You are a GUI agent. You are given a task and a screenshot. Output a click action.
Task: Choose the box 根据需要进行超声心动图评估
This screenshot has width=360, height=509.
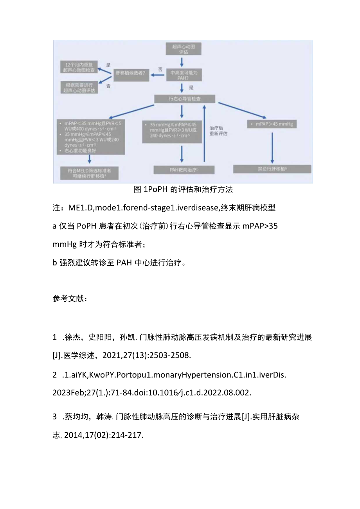(79, 87)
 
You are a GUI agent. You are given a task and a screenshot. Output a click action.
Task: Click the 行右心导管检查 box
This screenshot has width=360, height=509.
(185, 99)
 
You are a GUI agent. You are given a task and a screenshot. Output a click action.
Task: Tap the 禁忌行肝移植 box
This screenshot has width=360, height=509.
(272, 169)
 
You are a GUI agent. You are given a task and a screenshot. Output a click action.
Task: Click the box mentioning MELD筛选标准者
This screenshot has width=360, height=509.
(90, 173)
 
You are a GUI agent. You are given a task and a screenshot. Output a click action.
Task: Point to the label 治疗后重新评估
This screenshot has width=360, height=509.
(218, 131)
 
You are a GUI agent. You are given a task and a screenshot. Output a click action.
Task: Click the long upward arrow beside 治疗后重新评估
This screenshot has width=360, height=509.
(204, 133)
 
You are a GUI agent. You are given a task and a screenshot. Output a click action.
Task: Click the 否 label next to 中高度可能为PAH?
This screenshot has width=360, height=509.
(160, 69)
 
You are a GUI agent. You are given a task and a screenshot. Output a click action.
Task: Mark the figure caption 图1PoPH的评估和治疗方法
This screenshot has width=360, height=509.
(183, 189)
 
